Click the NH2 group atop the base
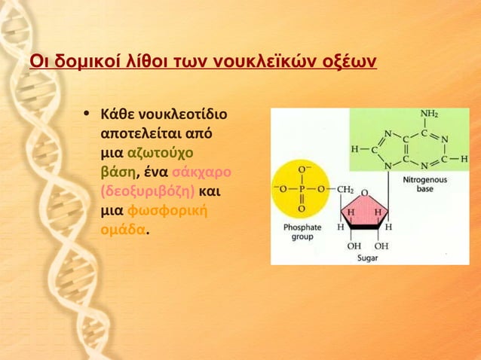428,114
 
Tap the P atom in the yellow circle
302,188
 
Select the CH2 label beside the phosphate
345,188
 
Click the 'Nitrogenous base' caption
424,185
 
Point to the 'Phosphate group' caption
302,231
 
